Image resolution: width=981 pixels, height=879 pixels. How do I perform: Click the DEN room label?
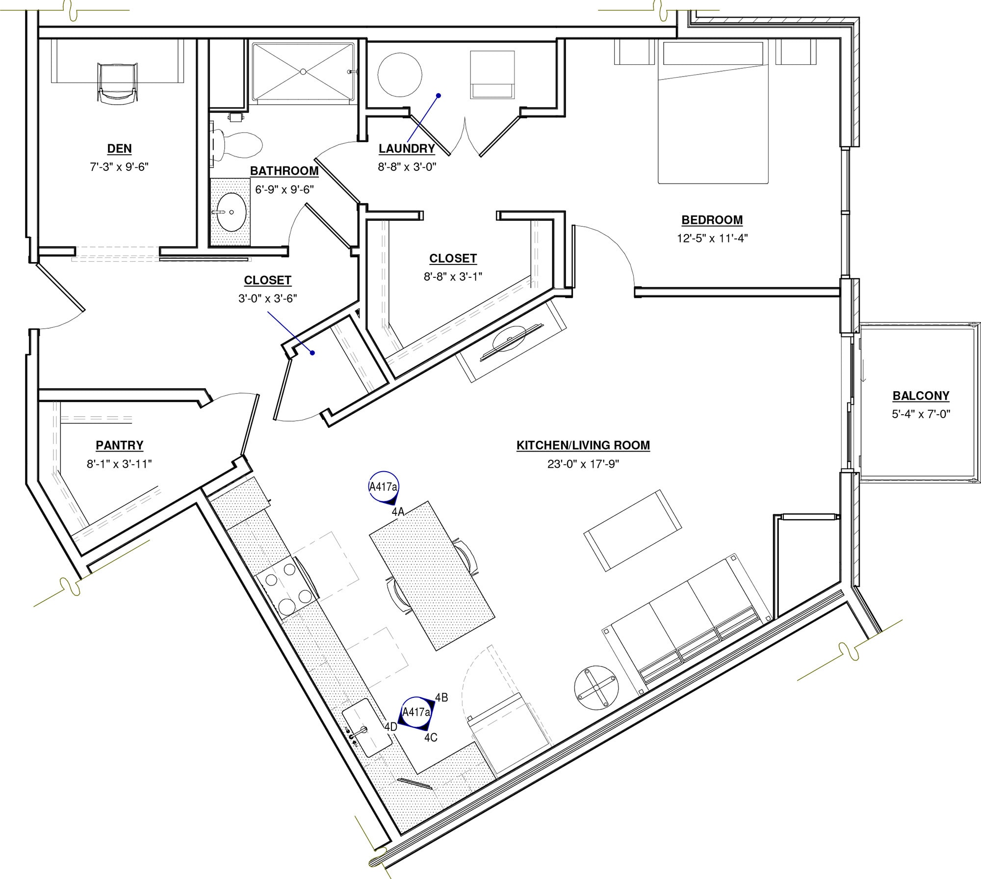(119, 149)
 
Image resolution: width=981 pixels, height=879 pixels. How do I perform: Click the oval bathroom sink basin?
(231, 212)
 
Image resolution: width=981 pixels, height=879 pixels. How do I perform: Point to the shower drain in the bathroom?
(303, 72)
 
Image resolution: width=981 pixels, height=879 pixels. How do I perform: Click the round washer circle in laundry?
(399, 75)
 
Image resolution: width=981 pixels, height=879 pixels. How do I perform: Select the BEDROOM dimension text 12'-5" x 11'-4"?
(712, 239)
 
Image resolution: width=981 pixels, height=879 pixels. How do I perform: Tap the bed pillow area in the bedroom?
(713, 53)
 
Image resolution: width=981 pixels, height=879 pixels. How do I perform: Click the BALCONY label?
(921, 396)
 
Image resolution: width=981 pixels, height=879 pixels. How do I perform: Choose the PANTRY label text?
(119, 445)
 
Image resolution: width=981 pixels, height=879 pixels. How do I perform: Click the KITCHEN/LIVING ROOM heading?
(583, 445)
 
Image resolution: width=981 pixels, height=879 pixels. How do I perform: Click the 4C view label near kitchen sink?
(431, 738)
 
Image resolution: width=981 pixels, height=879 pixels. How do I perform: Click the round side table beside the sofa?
(596, 687)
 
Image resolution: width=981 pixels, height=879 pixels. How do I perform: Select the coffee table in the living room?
(632, 530)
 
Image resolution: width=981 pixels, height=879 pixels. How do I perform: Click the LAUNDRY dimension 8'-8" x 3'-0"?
(407, 167)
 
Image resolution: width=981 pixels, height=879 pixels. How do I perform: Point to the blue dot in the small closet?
(312, 352)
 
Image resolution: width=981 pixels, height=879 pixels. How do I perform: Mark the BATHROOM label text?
(284, 171)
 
